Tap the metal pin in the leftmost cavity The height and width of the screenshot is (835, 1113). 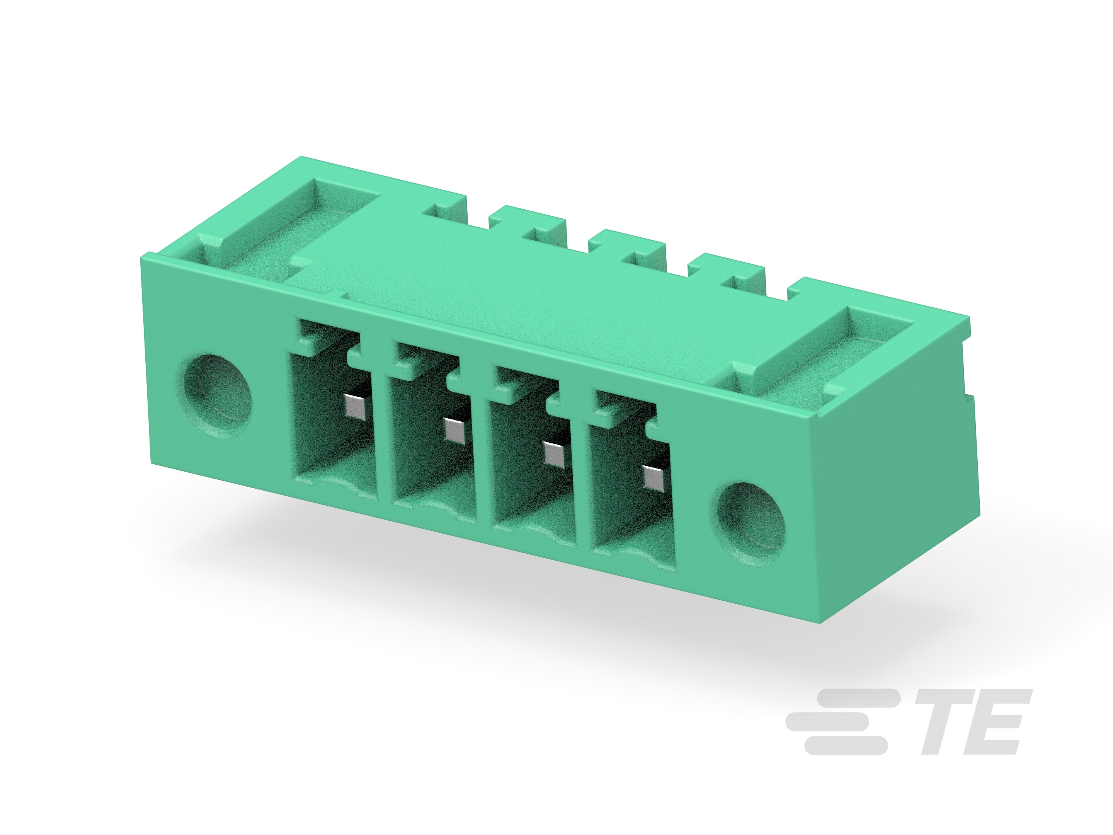click(354, 406)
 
